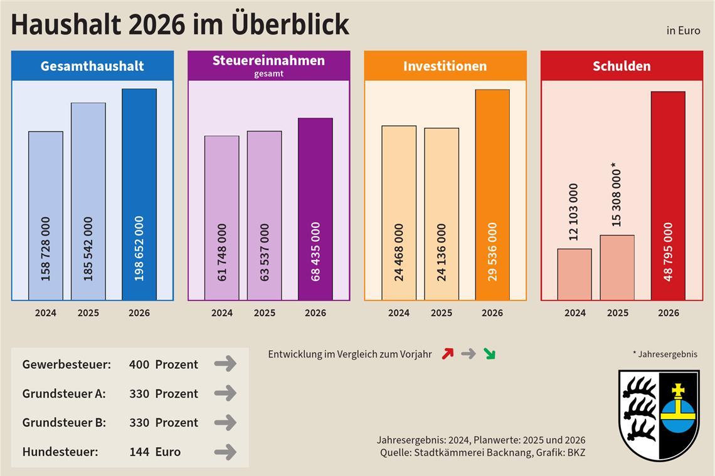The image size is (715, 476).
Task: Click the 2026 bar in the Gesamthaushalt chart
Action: pyautogui.click(x=139, y=194)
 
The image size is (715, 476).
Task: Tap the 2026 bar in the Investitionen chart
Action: pyautogui.click(x=492, y=194)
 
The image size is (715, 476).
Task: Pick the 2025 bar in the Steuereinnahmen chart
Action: pyautogui.click(x=264, y=215)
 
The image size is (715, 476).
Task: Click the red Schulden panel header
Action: pyautogui.click(x=622, y=66)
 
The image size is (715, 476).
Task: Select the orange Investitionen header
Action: pyautogui.click(x=445, y=66)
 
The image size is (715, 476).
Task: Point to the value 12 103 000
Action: pyautogui.click(x=573, y=212)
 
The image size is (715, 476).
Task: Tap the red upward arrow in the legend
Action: pyautogui.click(x=447, y=354)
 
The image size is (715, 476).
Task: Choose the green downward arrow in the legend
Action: pyautogui.click(x=489, y=354)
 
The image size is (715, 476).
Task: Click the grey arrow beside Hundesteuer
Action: pyautogui.click(x=225, y=452)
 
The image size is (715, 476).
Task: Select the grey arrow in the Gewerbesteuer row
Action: pyautogui.click(x=225, y=364)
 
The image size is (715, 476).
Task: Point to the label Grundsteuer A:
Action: pyautogui.click(x=64, y=393)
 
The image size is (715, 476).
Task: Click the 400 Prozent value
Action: pyautogui.click(x=163, y=364)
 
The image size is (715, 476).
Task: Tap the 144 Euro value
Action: pyautogui.click(x=154, y=452)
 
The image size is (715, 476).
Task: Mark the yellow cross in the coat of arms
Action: pyautogui.click(x=677, y=391)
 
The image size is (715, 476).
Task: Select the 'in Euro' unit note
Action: pyautogui.click(x=683, y=31)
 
